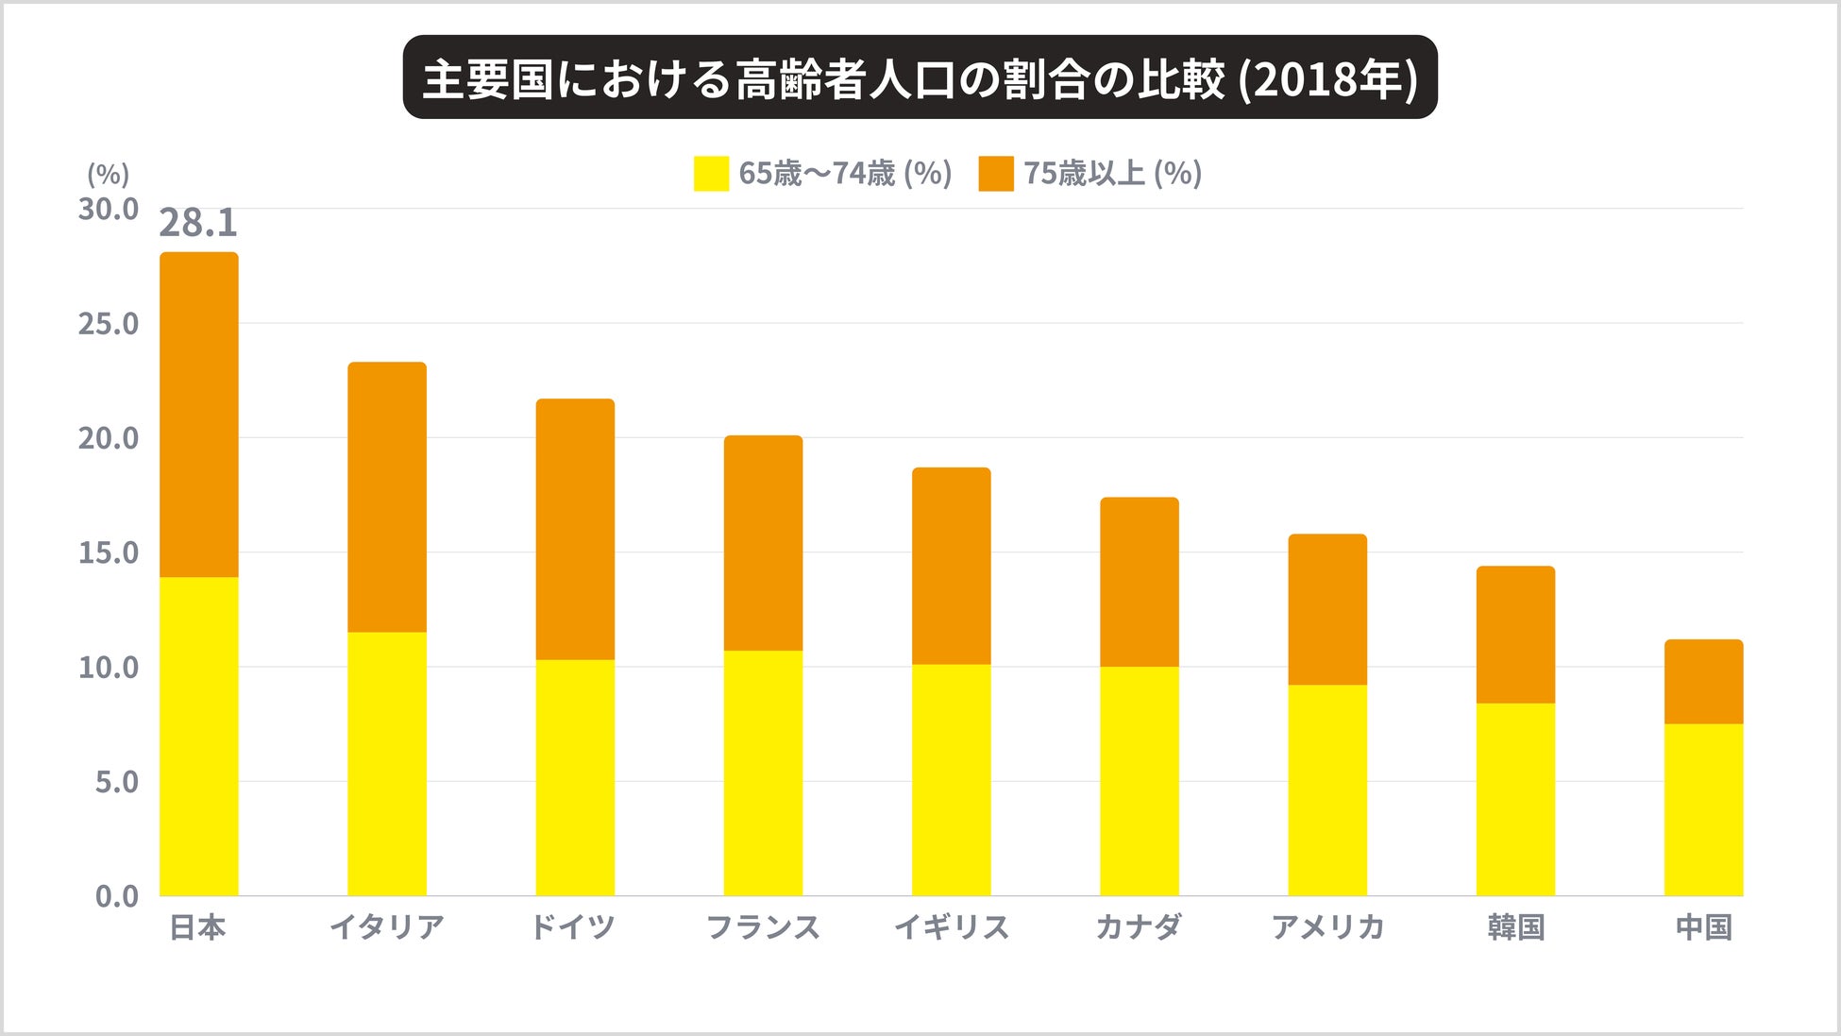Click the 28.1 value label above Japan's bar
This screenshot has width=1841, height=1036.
pos(198,223)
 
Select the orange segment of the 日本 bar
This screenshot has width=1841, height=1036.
pos(198,415)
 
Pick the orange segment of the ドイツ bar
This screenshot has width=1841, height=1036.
pos(575,529)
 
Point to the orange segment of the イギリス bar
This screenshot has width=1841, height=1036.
pos(951,566)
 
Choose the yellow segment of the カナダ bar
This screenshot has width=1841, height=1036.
pos(1139,781)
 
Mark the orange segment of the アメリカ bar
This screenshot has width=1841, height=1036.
pos(1327,609)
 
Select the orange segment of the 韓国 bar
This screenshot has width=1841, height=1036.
pos(1515,635)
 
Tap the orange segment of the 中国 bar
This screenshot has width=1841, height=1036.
pos(1703,682)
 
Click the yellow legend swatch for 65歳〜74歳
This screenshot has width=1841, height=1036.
pos(711,174)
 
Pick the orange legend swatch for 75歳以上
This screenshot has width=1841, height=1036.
pos(996,174)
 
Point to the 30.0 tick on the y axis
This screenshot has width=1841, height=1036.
pos(109,209)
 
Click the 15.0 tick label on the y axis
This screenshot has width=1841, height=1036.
pos(109,552)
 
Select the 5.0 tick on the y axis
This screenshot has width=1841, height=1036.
pos(116,782)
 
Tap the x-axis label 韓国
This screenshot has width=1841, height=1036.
pos(1515,927)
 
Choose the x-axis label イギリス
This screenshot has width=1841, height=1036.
pos(951,927)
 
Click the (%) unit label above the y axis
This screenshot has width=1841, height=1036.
pos(108,174)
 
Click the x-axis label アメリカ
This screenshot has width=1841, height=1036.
pos(1327,927)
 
